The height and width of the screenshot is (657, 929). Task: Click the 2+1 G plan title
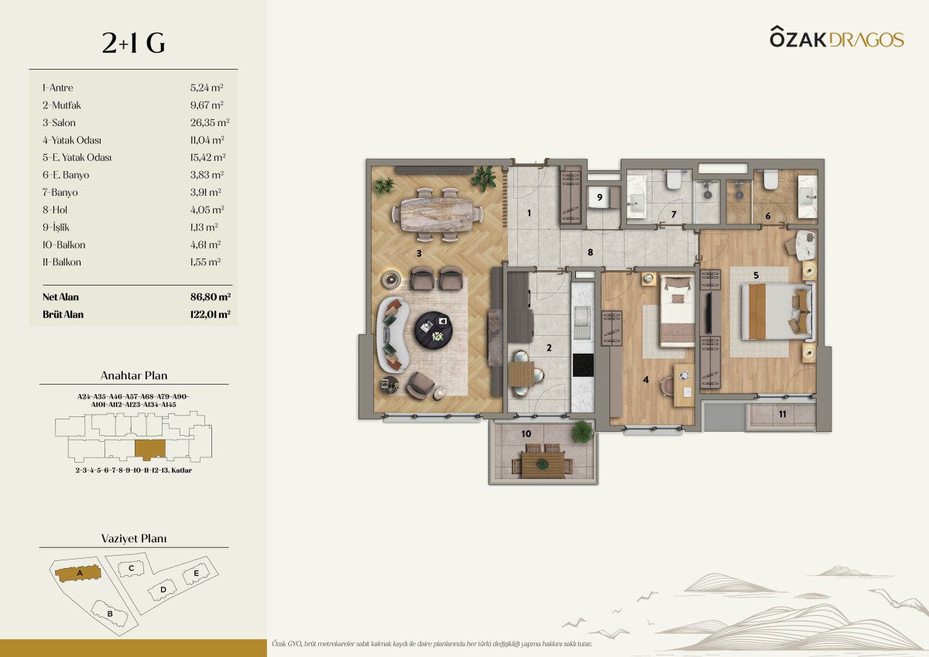[133, 43]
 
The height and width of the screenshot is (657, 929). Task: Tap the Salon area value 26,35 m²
[210, 123]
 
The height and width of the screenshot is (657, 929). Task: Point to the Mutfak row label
[61, 105]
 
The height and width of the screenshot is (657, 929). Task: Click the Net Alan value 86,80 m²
[211, 297]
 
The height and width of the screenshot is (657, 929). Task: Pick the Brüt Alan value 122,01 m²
[211, 314]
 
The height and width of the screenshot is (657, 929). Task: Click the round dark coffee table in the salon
[434, 330]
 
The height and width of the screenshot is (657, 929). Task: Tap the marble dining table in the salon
[437, 214]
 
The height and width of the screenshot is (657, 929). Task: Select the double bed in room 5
[776, 311]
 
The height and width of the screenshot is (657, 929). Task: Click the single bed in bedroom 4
[677, 310]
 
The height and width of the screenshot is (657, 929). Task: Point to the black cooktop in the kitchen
[583, 365]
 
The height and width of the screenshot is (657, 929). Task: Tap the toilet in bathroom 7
[672, 180]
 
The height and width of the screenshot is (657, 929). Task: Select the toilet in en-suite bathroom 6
[770, 180]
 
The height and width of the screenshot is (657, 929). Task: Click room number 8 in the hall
[590, 252]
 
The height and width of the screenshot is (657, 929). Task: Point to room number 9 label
[599, 197]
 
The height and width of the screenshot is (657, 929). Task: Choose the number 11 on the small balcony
[782, 414]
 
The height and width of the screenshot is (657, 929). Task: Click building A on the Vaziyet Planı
[78, 573]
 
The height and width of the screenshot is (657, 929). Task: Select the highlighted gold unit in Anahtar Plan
[150, 450]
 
